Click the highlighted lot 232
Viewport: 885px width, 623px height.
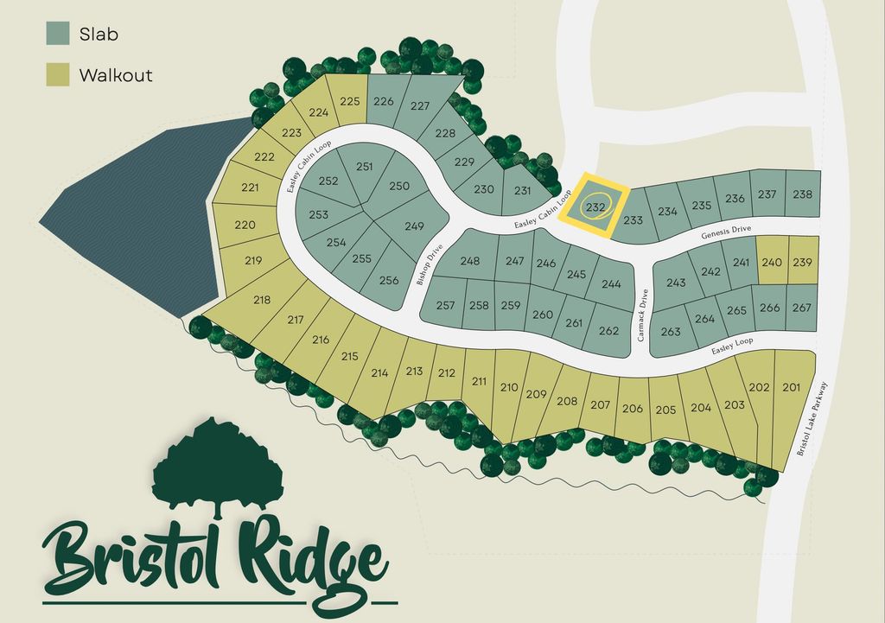pos(595,207)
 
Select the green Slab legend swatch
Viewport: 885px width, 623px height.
pos(58,34)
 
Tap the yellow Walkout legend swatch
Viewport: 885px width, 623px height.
pos(58,74)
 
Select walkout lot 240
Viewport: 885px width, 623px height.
pos(772,262)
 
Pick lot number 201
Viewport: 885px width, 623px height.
pos(792,387)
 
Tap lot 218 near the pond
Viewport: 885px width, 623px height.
pos(262,300)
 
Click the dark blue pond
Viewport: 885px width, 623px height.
pos(130,216)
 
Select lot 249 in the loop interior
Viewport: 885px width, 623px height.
pos(414,226)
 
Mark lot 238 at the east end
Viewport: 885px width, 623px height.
pos(802,194)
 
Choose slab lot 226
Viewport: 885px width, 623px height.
pos(384,101)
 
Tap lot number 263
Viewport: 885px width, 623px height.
pos(671,332)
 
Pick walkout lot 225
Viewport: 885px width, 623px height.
pos(349,101)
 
